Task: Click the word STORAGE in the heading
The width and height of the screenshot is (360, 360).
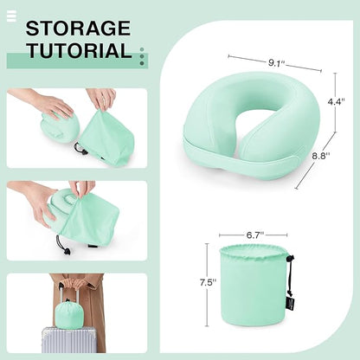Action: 78,28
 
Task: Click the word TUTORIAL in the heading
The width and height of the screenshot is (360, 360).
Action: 80,50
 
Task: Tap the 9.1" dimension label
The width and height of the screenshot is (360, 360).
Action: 276,63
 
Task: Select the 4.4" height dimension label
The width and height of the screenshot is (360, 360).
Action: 336,101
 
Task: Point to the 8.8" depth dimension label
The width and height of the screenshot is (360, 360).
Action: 321,156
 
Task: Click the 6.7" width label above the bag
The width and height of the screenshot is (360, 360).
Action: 255,235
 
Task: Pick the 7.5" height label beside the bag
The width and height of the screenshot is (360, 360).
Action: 208,282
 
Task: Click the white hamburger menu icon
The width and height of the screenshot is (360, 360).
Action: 11,16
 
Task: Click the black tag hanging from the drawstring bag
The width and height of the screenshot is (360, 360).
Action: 290,304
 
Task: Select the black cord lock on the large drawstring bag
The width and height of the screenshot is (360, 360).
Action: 291,257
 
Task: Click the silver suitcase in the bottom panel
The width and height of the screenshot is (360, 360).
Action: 74,340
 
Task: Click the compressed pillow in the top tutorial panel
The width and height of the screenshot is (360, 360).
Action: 60,127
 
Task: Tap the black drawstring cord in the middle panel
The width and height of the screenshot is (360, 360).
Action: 62,246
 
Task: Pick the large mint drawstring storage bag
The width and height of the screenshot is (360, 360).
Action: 254,285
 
